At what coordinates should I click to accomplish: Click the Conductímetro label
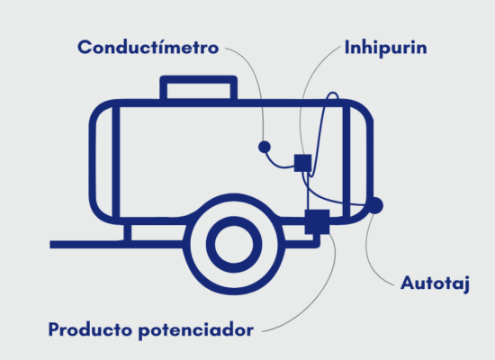coord(148,48)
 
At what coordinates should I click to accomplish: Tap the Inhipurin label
coord(386,48)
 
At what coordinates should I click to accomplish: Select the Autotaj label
coord(435,283)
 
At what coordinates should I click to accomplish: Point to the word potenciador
coord(196,331)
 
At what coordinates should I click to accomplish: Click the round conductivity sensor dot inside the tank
coord(265,147)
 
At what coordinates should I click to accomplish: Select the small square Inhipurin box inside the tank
coord(302,163)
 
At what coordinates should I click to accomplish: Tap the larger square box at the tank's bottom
coord(317,221)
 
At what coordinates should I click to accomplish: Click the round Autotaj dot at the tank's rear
coord(375,205)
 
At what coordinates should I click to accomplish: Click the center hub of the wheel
coord(234,244)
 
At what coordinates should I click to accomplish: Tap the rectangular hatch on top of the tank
coord(199,87)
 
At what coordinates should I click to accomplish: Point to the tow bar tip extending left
coord(50,245)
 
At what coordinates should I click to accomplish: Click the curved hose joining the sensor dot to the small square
coord(278,164)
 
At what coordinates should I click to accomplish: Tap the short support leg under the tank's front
coord(128,233)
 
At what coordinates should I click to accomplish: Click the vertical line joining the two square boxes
coord(308,191)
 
